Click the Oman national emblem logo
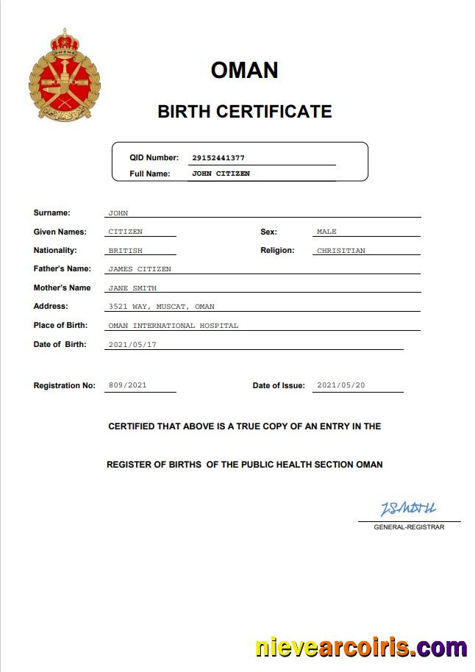click(64, 75)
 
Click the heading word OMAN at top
click(244, 70)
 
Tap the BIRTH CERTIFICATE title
click(244, 112)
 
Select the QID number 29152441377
click(218, 158)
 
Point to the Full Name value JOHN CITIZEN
click(221, 174)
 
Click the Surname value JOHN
click(118, 213)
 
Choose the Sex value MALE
click(326, 232)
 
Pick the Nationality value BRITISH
click(125, 251)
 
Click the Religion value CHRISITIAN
click(340, 251)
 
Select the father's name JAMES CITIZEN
click(139, 269)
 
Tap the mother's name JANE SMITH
click(132, 288)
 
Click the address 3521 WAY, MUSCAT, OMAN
click(161, 307)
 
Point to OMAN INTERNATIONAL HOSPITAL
click(173, 326)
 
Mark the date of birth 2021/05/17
click(133, 344)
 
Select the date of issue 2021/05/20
click(341, 385)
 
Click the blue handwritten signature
click(408, 509)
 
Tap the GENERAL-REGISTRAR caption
click(409, 527)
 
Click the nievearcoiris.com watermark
click(361, 648)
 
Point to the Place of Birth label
click(60, 325)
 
